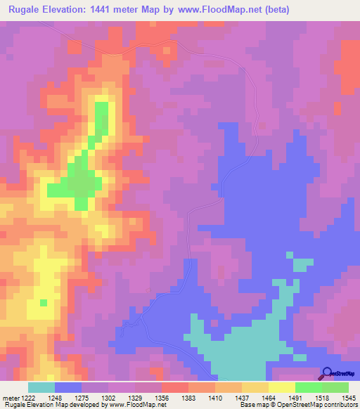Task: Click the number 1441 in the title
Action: [110, 9]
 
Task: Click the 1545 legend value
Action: [349, 398]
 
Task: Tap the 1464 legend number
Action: [269, 398]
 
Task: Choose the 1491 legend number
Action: [295, 398]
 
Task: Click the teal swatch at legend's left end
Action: [41, 387]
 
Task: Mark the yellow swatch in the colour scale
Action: [281, 387]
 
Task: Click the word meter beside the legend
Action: [11, 398]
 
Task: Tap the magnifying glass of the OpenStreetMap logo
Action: [326, 374]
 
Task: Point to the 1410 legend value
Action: [216, 398]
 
